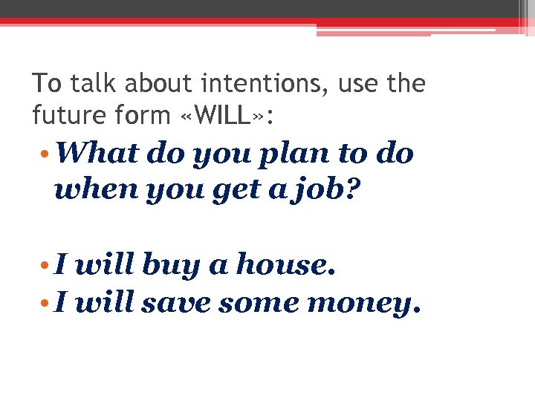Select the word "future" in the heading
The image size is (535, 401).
[66, 115]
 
